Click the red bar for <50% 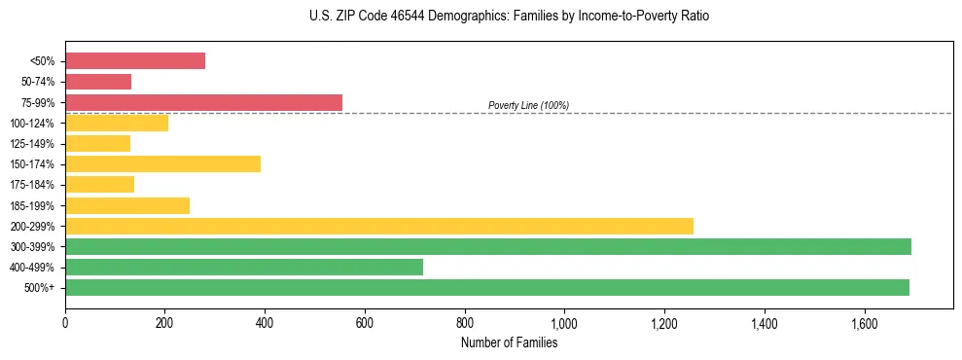click(x=135, y=61)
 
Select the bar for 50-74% click(x=98, y=82)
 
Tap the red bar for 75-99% click(x=203, y=102)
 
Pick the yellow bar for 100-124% click(x=117, y=123)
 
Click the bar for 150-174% click(x=162, y=163)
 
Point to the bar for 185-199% click(x=127, y=205)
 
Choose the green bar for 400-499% click(x=244, y=267)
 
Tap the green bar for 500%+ click(x=487, y=287)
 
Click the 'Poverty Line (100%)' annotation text click(x=528, y=105)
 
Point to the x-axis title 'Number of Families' click(x=509, y=343)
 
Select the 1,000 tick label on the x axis click(x=564, y=323)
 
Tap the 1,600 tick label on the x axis click(x=864, y=323)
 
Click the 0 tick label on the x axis click(x=65, y=323)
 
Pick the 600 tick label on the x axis click(x=365, y=323)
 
